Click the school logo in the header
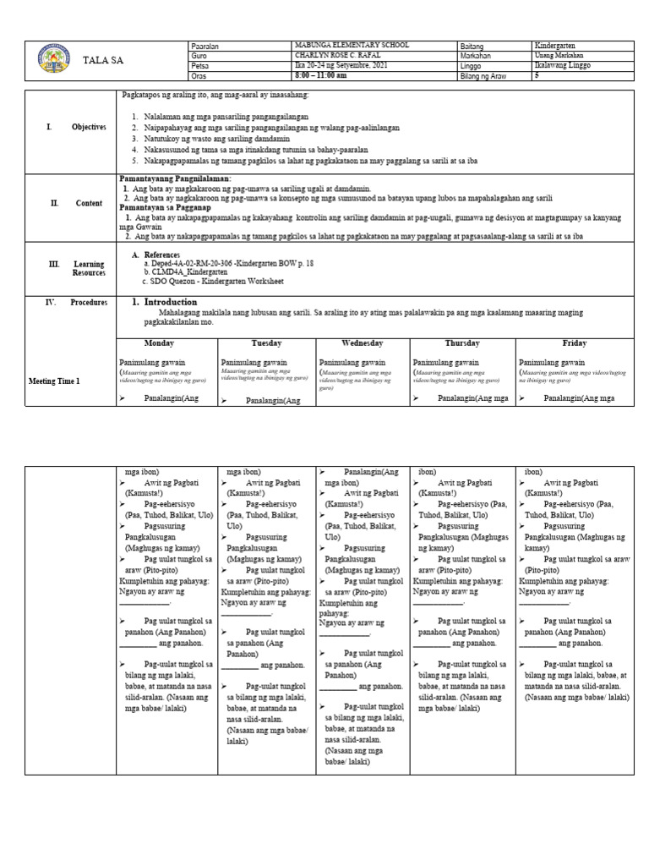coord(56,61)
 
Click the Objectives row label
coord(88,127)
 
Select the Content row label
coord(87,203)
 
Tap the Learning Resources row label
coord(88,269)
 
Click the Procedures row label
coord(89,302)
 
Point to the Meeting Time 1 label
coord(54,381)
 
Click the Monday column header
coord(159,343)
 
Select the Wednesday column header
coord(362,343)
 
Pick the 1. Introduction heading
coord(165,302)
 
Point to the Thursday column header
coord(462,343)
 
